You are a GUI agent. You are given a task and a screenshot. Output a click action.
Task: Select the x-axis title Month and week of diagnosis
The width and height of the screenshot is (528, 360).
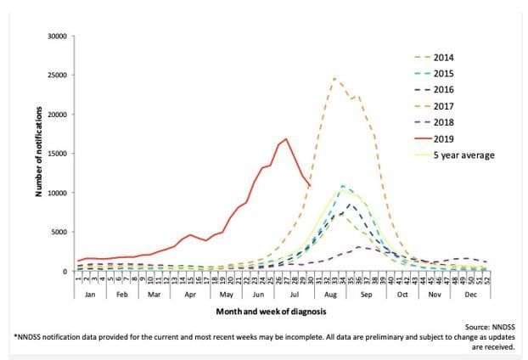tap(265, 312)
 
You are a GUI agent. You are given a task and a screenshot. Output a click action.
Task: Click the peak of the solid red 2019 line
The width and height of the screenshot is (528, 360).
tap(286, 139)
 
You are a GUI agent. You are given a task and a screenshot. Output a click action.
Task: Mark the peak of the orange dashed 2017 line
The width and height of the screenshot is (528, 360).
tap(335, 78)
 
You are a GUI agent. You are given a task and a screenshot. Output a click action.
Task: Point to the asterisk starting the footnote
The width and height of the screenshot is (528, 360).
tap(15, 336)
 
